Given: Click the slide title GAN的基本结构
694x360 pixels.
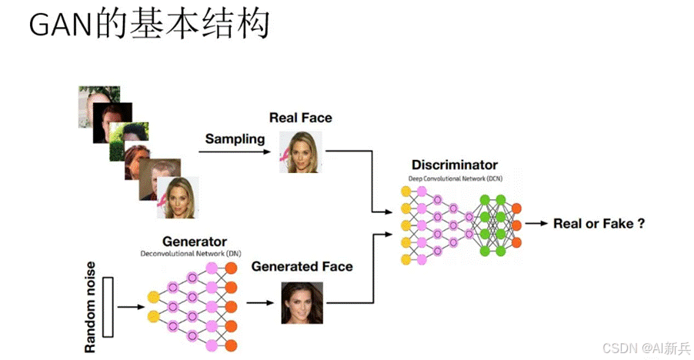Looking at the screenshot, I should pyautogui.click(x=149, y=26).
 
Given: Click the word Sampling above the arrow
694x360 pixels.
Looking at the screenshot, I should pyautogui.click(x=235, y=139).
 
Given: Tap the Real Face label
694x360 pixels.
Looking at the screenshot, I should pyautogui.click(x=300, y=118).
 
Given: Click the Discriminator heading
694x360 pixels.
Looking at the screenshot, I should pyautogui.click(x=455, y=165).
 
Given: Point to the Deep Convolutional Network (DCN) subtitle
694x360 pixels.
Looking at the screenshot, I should pyautogui.click(x=455, y=178).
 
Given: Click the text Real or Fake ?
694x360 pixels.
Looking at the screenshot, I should pyautogui.click(x=599, y=224).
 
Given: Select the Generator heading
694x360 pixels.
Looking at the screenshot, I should pyautogui.click(x=195, y=242).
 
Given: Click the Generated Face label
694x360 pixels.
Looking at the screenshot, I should pyautogui.click(x=302, y=267).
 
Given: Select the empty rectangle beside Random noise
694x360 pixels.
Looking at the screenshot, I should pyautogui.click(x=107, y=305).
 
